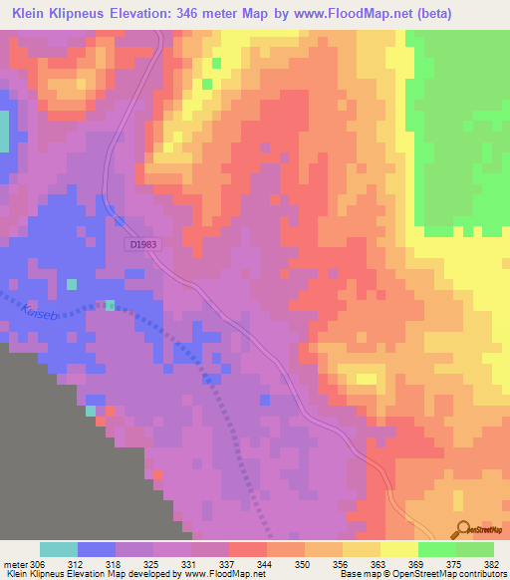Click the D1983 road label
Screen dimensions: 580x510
pyautogui.click(x=143, y=244)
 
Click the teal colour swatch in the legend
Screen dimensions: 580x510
pyautogui.click(x=59, y=549)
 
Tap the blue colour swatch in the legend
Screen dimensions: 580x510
pyautogui.click(x=97, y=549)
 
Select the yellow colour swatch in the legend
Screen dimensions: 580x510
pyautogui.click(x=399, y=549)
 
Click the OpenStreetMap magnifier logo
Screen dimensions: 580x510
pyautogui.click(x=462, y=529)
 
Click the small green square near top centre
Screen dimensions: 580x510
pyautogui.click(x=207, y=84)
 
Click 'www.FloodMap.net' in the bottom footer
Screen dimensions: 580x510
pyautogui.click(x=216, y=574)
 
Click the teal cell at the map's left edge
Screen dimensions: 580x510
pyautogui.click(x=3, y=131)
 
